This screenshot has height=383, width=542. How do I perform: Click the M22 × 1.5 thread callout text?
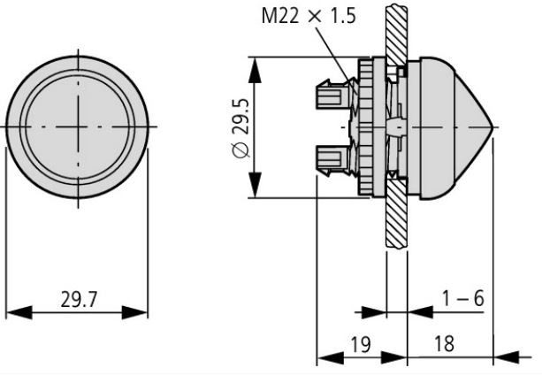[309, 16]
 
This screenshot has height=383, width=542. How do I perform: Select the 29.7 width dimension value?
[80, 299]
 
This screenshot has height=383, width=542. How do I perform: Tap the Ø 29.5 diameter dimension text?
[240, 128]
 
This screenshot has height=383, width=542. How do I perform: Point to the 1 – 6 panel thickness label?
[463, 298]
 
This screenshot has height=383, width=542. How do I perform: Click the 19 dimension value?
[361, 344]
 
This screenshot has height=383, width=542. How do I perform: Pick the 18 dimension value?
[444, 344]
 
